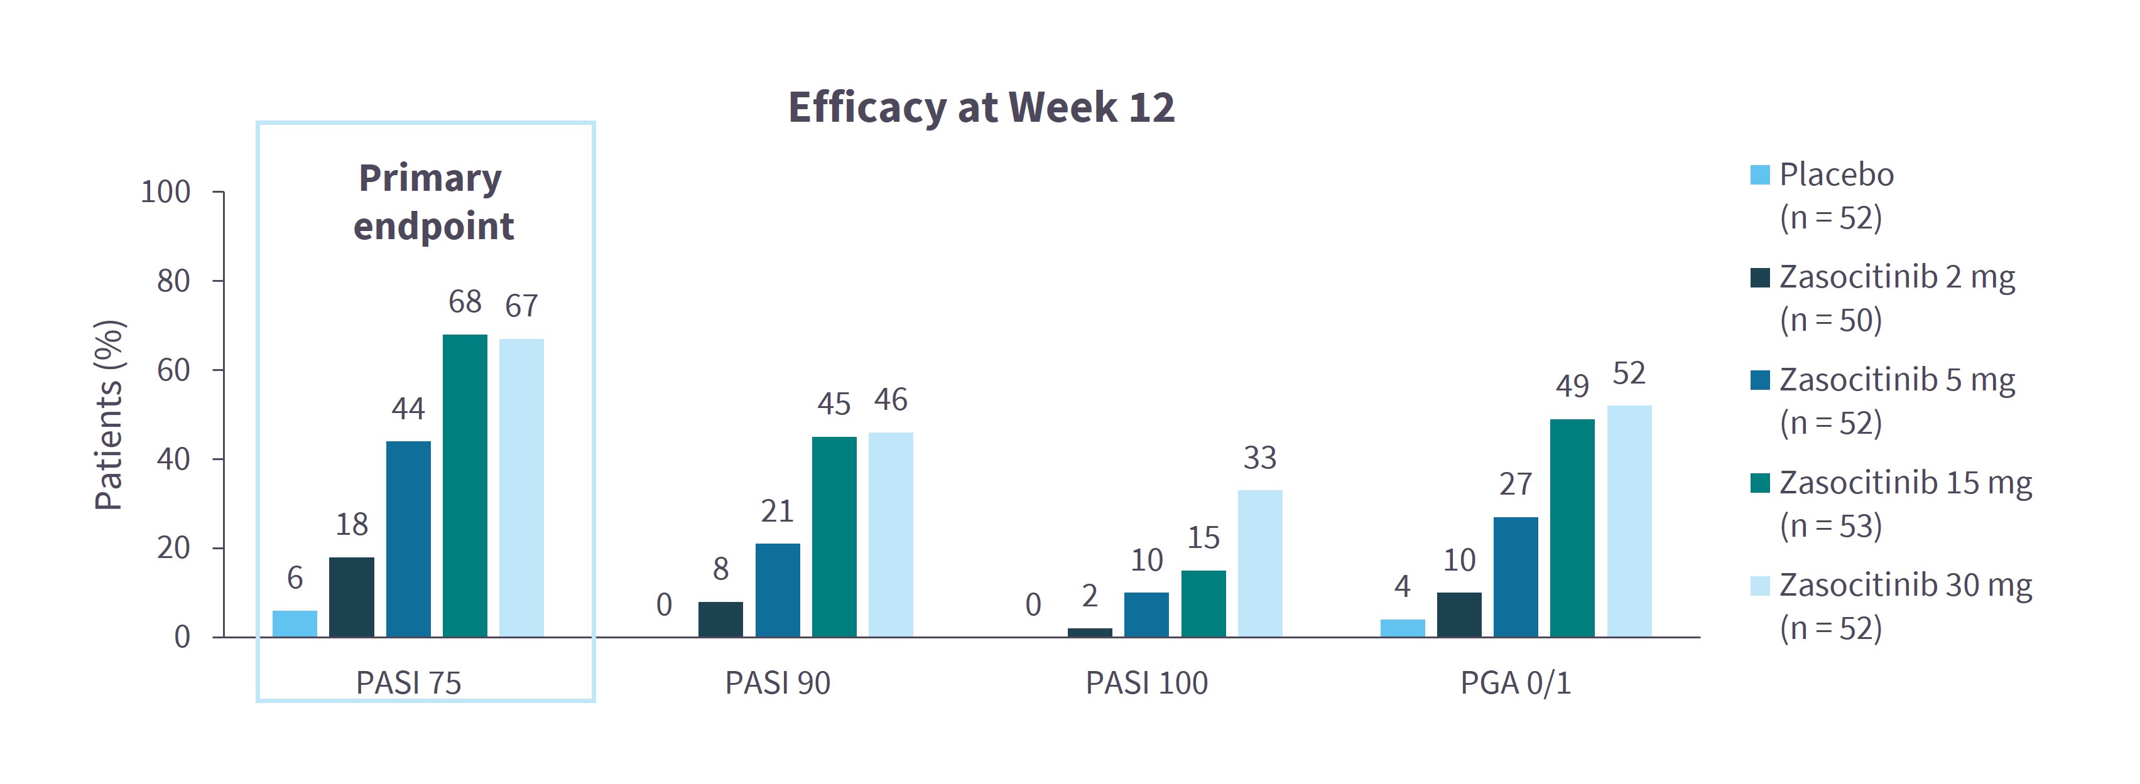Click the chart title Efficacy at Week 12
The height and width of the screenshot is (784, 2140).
click(x=981, y=107)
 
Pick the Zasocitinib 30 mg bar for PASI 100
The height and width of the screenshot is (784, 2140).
click(x=1259, y=563)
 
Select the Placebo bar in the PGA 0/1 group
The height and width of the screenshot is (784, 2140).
click(x=1403, y=628)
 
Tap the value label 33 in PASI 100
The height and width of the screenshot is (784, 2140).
click(x=1259, y=458)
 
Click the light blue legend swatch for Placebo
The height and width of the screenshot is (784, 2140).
click(x=1759, y=175)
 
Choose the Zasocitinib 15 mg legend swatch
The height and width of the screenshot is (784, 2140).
click(x=1759, y=483)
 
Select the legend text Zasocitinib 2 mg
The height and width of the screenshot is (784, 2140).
click(x=1896, y=277)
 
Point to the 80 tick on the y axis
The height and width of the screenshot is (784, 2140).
click(x=173, y=282)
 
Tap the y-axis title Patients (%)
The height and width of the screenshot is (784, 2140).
click(x=109, y=414)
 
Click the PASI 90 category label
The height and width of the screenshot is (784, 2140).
click(x=778, y=683)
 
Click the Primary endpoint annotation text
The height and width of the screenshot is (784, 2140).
click(x=432, y=202)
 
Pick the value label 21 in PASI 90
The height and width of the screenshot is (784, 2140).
click(x=778, y=511)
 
